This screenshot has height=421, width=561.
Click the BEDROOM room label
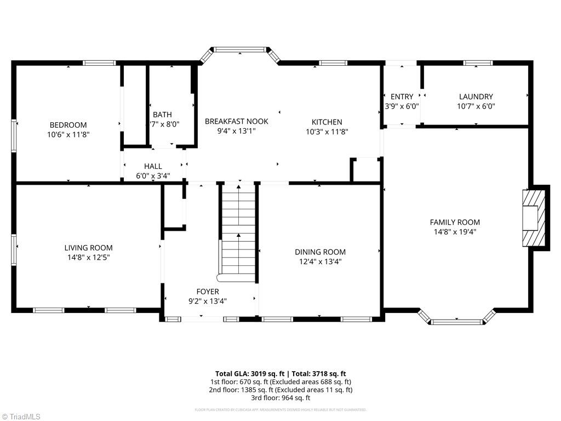point(68,125)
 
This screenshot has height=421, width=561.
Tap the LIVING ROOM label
point(88,248)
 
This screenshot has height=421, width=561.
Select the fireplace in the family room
point(534,218)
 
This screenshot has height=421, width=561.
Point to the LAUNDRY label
point(476,97)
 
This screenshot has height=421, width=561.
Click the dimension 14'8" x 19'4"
point(455,232)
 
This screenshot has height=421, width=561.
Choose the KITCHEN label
point(327,122)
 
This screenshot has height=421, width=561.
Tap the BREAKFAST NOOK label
point(237,121)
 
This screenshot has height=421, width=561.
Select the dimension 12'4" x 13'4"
point(320,261)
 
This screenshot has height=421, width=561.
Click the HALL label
point(153,166)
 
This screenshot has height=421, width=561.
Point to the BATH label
point(162,115)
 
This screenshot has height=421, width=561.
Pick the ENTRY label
point(402,97)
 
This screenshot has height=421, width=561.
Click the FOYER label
point(208,292)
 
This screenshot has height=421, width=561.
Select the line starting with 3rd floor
point(280,398)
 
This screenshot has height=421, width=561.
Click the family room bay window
point(457,321)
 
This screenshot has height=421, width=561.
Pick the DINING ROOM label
point(320,252)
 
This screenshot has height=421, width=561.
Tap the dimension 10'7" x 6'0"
point(476,107)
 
